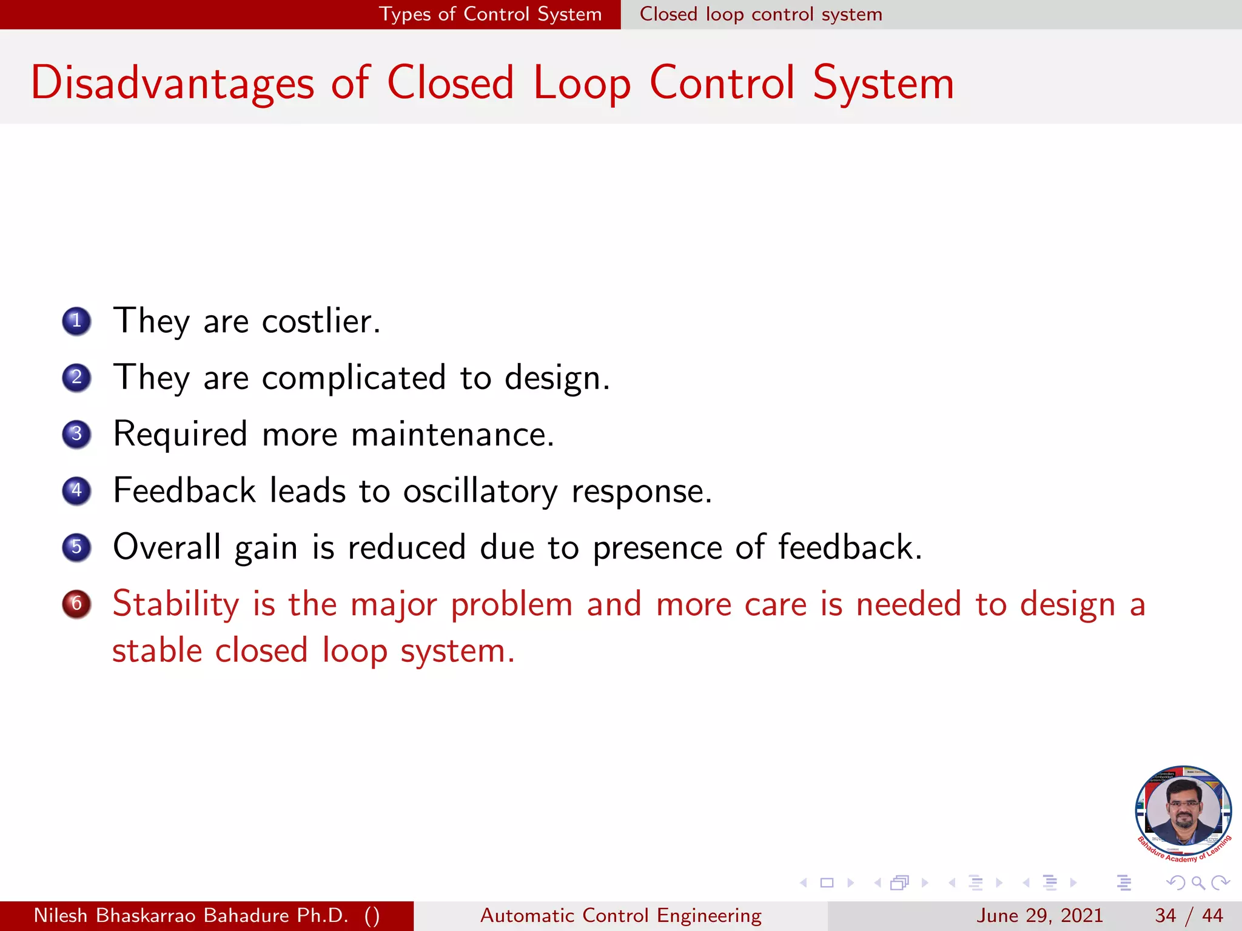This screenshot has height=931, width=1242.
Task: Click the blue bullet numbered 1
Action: [x=76, y=321]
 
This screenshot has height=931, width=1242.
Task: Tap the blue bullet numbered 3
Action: [x=76, y=434]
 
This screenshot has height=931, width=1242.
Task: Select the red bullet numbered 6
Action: [x=76, y=604]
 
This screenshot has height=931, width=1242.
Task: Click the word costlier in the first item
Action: [x=320, y=321]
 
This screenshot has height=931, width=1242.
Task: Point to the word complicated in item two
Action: [x=354, y=378]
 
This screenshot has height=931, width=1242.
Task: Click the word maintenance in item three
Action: [x=452, y=434]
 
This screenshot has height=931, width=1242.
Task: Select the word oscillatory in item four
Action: [x=480, y=490]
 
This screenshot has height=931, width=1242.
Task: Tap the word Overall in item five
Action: [x=167, y=547]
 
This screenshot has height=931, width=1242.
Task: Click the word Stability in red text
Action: [x=176, y=604]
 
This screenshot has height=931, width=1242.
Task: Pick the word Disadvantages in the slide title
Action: [x=172, y=83]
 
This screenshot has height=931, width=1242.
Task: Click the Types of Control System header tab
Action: [x=490, y=14]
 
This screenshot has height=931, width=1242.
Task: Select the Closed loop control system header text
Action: [x=760, y=14]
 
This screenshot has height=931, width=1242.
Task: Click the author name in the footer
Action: [x=191, y=915]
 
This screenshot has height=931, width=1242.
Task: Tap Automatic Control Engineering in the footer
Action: [x=620, y=915]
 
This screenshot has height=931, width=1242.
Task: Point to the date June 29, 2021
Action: [x=1039, y=915]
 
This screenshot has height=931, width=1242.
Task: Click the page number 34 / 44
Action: [x=1189, y=915]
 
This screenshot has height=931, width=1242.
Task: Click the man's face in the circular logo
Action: [x=1184, y=809]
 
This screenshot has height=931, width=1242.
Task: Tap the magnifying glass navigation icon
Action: [x=1198, y=883]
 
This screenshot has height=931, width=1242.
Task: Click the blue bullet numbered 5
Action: [x=76, y=547]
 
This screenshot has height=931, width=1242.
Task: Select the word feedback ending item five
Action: [x=849, y=547]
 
